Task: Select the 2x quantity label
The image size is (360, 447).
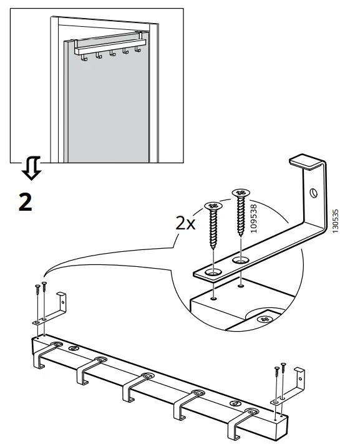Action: click(x=186, y=223)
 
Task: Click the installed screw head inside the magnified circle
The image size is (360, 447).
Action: click(x=265, y=319)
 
